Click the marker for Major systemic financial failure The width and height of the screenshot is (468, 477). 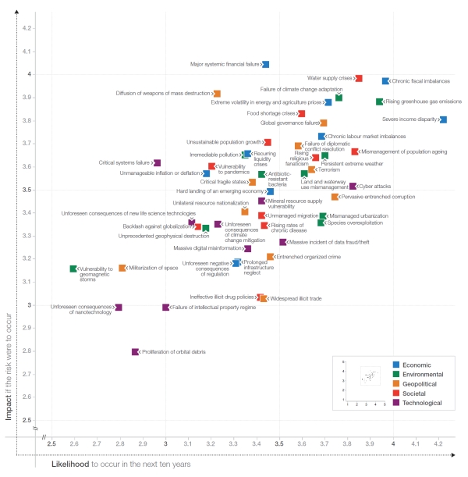(x=266, y=64)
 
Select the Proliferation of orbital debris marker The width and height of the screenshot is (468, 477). (x=135, y=352)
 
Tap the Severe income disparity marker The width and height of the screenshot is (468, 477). (x=443, y=119)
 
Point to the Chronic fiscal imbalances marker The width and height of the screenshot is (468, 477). (x=385, y=81)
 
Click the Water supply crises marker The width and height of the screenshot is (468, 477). (x=359, y=78)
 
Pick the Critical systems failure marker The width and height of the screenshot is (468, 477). (x=157, y=163)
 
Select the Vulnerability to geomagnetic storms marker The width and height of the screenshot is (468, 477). (x=73, y=269)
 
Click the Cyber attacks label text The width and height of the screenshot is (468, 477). (x=376, y=187)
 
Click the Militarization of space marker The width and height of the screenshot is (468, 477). (x=122, y=269)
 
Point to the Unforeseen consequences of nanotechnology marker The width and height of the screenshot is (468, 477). (x=119, y=308)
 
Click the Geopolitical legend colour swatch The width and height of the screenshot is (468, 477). (x=396, y=383)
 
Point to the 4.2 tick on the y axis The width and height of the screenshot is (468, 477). (x=27, y=29)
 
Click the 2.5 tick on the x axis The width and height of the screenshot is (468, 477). (x=51, y=443)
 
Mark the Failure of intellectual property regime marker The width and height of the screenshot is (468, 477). (x=166, y=308)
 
